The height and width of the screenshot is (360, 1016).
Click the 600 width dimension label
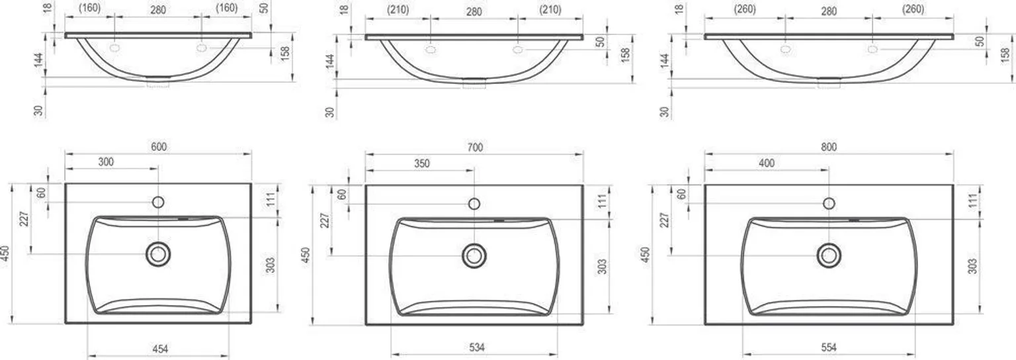[159, 147]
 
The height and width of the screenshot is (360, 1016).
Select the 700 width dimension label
[474, 148]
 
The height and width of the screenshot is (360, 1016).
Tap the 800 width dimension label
[829, 147]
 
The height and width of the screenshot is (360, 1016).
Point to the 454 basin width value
[160, 349]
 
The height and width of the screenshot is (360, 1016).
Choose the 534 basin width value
[477, 347]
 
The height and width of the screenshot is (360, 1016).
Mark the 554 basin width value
[829, 347]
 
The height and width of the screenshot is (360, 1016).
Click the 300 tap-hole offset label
[106, 162]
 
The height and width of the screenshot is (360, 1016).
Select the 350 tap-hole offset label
[422, 163]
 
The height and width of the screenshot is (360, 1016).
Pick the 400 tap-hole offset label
[767, 163]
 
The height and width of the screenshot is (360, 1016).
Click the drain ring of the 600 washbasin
[158, 243]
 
